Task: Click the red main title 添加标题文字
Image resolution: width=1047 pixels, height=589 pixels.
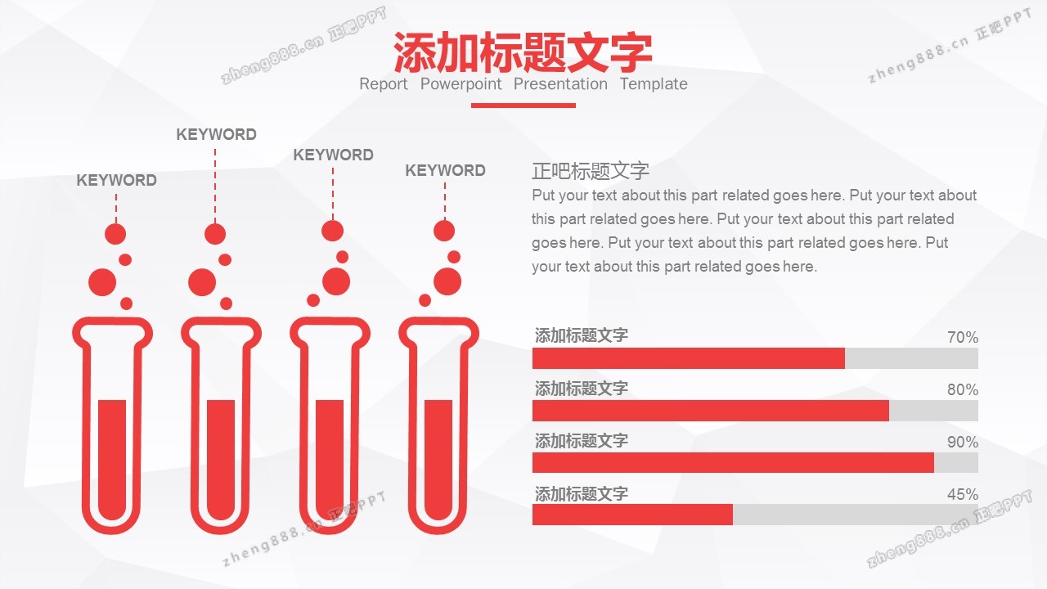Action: [523, 52]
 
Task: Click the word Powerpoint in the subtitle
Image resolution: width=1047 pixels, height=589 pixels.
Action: [461, 84]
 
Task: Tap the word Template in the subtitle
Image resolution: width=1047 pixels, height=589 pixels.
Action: [654, 83]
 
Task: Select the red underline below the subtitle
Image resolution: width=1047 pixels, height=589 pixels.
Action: [523, 106]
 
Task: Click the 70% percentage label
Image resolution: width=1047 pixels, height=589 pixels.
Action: [963, 337]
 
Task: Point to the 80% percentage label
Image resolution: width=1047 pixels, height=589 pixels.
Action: [963, 389]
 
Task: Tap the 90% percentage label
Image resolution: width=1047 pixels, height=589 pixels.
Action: [963, 442]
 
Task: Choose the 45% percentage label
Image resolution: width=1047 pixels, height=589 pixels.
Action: [963, 494]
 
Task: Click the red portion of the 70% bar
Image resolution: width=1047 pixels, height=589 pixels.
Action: [689, 358]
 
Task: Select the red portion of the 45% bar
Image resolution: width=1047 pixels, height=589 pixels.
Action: [632, 515]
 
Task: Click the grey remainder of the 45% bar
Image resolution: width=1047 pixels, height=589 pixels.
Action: [856, 515]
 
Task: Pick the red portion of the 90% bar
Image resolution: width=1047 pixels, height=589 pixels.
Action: [733, 462]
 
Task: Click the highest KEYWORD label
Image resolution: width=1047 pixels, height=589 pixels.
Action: [216, 135]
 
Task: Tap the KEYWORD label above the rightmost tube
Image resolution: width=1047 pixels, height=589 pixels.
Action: [445, 171]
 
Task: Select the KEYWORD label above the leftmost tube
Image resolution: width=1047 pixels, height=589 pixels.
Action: [116, 181]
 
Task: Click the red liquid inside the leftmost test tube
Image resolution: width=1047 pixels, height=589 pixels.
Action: [112, 458]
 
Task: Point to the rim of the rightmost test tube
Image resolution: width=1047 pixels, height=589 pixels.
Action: [439, 321]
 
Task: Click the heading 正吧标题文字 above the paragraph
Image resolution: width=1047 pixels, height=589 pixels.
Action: [591, 171]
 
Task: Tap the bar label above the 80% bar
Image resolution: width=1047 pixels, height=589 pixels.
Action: [581, 388]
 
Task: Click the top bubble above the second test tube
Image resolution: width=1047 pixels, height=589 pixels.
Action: [215, 234]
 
